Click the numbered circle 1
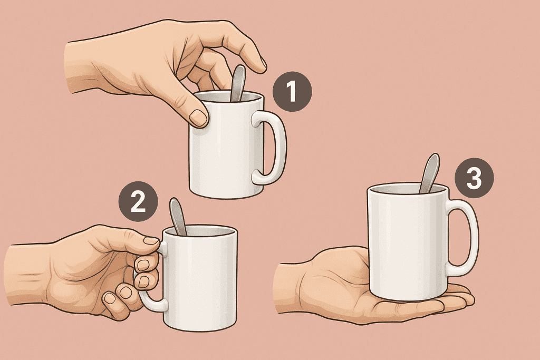tap(292, 92)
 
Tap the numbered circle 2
tap(138, 201)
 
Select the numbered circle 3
tap(474, 178)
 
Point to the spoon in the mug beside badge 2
tap(178, 217)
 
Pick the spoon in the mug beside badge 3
tap(429, 173)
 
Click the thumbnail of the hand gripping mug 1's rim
tap(198, 118)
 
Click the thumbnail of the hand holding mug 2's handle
tap(151, 240)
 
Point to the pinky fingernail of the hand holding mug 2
tap(110, 298)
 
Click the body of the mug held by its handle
tap(200, 278)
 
